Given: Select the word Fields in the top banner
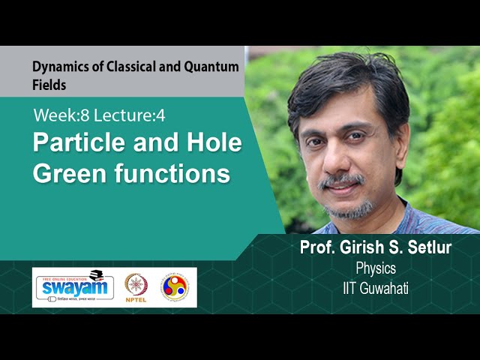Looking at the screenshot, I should pos(49,85).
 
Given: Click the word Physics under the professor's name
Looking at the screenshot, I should pos(376,268).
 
